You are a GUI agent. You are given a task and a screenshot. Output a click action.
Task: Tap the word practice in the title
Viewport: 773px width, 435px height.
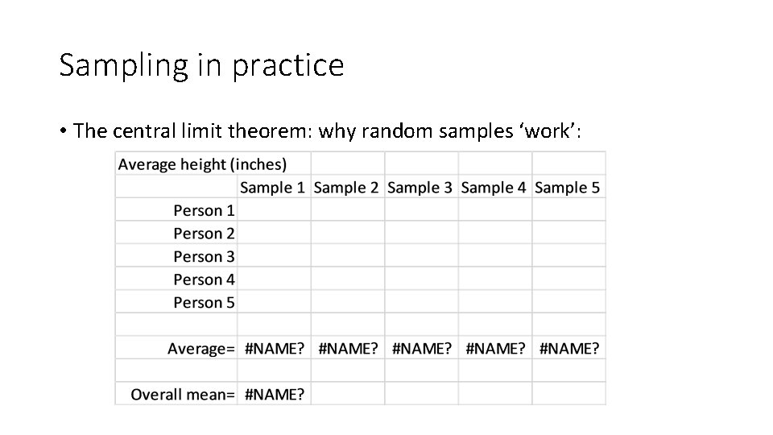point(287,64)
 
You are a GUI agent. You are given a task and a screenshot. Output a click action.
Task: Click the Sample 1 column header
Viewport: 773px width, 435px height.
point(273,188)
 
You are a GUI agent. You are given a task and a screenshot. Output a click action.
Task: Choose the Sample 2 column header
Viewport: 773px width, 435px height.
point(346,188)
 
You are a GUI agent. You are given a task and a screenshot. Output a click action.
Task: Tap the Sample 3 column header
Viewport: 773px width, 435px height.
point(420,188)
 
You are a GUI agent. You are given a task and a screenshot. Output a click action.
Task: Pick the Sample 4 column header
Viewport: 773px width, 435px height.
point(494,188)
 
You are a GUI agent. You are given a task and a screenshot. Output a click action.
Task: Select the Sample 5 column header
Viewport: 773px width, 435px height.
point(568,188)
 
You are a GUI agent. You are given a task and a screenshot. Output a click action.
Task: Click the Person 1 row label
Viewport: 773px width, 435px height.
point(205,211)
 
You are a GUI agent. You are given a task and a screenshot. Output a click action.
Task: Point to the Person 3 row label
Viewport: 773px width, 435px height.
point(205,257)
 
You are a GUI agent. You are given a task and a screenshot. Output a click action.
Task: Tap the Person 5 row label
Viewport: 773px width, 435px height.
point(205,303)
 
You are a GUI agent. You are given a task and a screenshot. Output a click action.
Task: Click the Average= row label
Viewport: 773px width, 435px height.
point(201,349)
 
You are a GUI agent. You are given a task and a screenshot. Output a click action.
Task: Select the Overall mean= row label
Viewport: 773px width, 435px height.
point(183,395)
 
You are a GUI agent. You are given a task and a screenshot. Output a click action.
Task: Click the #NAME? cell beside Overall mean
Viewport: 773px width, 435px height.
point(275,395)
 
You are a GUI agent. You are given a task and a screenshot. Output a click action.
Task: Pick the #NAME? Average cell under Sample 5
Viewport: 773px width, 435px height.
point(569,349)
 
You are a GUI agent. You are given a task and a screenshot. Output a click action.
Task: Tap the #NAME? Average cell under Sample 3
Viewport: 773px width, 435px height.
point(422,349)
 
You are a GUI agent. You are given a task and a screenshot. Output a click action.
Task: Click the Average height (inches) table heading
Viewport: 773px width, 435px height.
point(202,164)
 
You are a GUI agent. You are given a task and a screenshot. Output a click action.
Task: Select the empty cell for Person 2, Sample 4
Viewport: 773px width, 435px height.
point(494,234)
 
